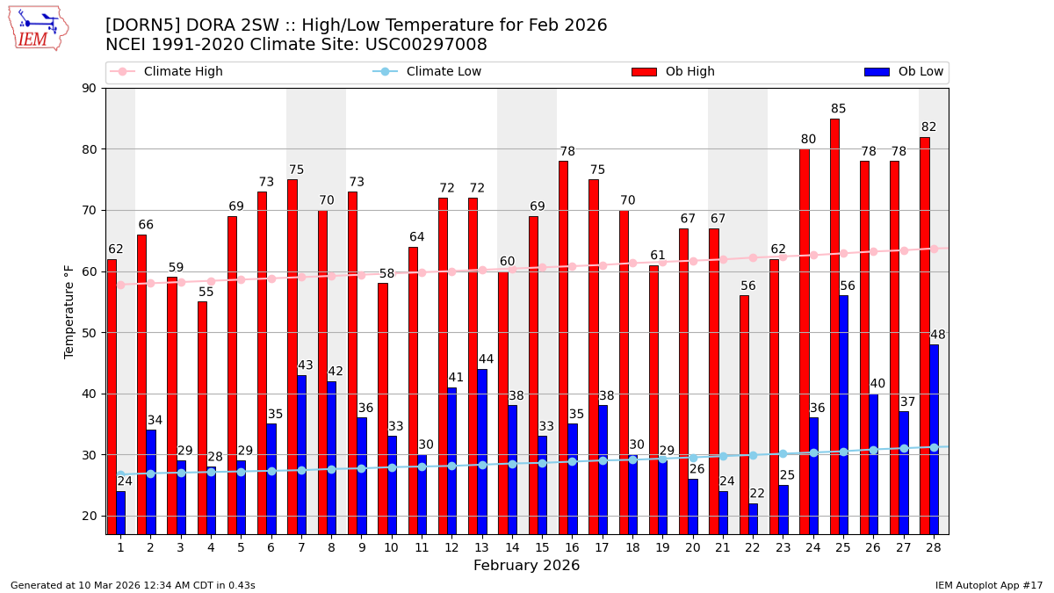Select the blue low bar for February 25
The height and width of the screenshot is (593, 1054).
pyautogui.click(x=843, y=413)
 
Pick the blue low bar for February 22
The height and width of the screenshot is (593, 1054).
pyautogui.click(x=754, y=518)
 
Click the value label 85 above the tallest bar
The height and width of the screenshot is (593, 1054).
pyautogui.click(x=839, y=110)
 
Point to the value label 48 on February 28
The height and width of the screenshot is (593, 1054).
pyautogui.click(x=938, y=335)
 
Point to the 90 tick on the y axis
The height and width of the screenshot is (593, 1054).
pyautogui.click(x=90, y=88)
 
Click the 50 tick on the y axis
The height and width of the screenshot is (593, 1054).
pyautogui.click(x=90, y=333)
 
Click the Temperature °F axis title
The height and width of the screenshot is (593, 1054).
pyautogui.click(x=70, y=311)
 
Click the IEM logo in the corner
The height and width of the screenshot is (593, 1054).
pyautogui.click(x=37, y=28)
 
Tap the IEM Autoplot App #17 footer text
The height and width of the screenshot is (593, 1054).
pyautogui.click(x=989, y=585)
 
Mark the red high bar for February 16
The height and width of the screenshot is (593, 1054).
pyautogui.click(x=563, y=347)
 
